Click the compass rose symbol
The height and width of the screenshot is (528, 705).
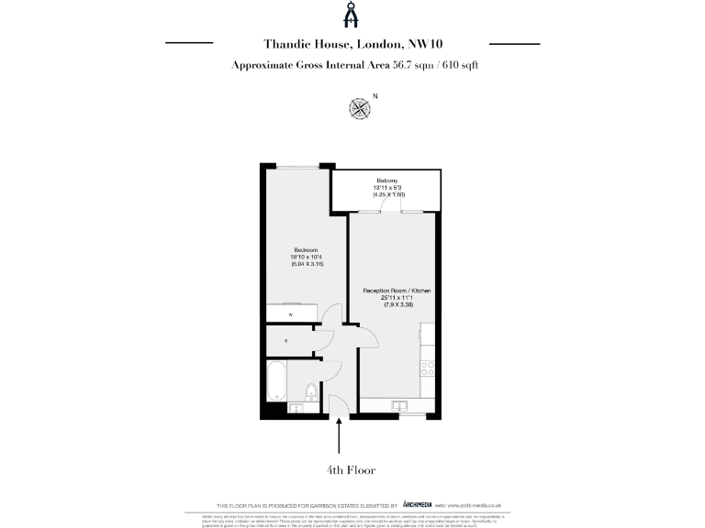pos(360,109)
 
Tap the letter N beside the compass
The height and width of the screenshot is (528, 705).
pos(375,95)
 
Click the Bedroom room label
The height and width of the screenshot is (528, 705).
pos(306,251)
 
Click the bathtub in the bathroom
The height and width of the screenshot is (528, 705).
pos(275,380)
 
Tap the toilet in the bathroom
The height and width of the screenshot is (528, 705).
pos(311,393)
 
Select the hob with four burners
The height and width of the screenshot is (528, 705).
pos(427,369)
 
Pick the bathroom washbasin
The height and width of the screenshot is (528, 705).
pos(297,407)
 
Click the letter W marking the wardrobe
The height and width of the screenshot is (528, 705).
pos(290,314)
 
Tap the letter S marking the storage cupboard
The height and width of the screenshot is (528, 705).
pos(285,341)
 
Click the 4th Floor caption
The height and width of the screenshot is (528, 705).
pos(352,469)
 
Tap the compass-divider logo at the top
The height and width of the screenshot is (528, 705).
pos(352,16)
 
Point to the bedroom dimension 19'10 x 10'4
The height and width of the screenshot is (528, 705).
pos(306,258)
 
